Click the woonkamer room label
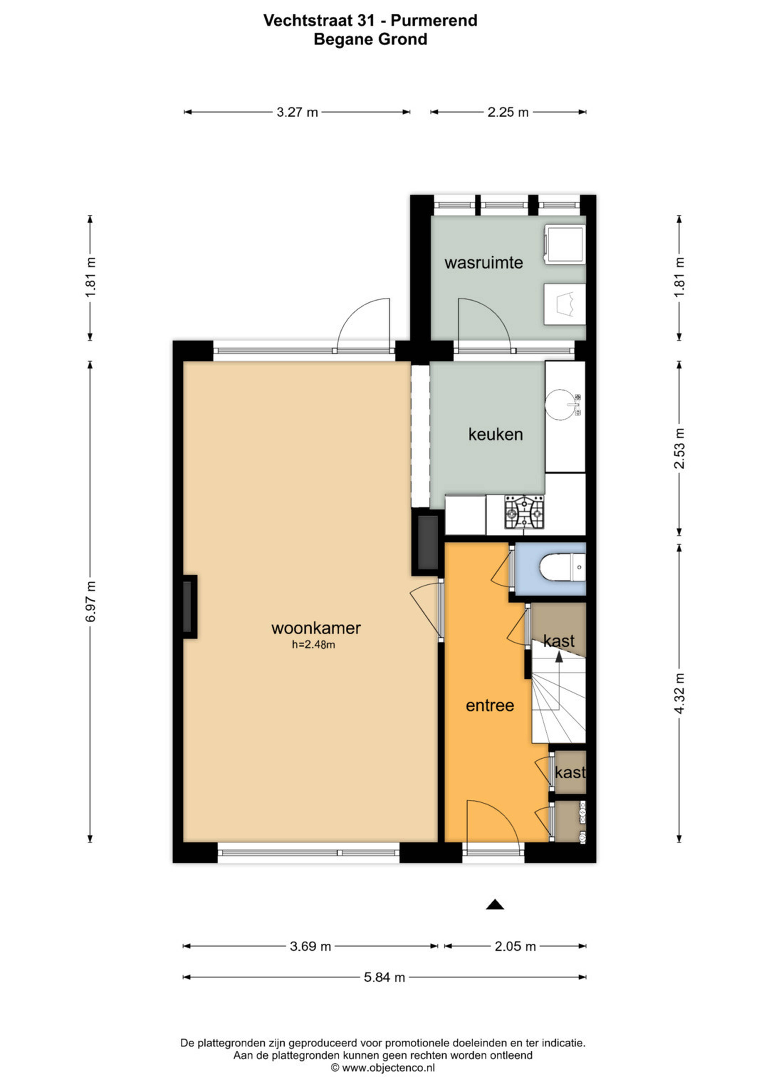(x=316, y=628)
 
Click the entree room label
(x=490, y=706)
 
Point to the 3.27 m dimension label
(x=297, y=112)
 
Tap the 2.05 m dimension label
(x=515, y=946)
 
